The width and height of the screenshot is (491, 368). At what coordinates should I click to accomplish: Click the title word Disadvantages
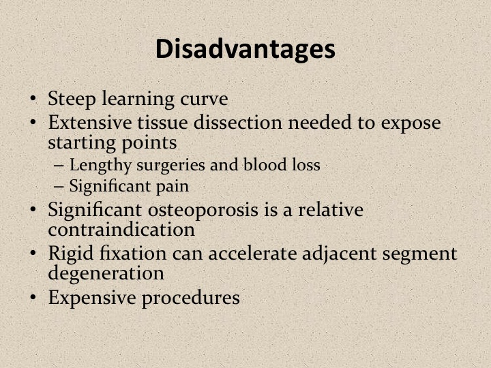[245, 50]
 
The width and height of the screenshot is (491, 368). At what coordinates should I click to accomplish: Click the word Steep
[72, 99]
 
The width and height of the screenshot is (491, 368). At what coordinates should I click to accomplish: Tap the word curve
[204, 99]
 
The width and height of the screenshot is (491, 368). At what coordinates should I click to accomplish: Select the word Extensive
[90, 122]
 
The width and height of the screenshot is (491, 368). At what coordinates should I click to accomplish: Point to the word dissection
[238, 122]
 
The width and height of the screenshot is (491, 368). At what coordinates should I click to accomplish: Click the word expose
[411, 123]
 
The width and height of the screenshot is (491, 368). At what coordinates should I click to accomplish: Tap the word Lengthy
[100, 166]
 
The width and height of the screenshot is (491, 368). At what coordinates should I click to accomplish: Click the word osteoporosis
[203, 211]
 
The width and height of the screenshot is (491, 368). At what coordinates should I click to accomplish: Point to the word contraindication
[121, 230]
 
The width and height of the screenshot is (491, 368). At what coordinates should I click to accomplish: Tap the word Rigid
[71, 254]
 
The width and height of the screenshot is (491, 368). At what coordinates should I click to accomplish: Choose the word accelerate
[252, 254]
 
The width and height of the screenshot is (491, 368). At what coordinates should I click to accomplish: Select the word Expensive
[92, 298]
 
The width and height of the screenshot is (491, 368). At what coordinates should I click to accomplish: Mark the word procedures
[191, 298]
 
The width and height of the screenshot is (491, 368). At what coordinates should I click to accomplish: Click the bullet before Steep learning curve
[33, 99]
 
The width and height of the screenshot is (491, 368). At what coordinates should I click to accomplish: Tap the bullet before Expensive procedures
[33, 298]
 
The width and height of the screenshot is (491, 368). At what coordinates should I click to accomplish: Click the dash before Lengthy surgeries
[59, 166]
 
